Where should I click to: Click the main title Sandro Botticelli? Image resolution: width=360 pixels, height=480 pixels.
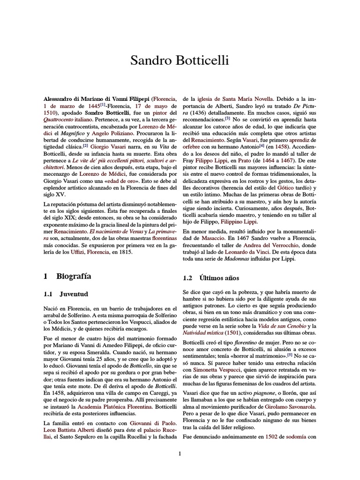point(180,61)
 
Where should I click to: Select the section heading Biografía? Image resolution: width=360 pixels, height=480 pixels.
point(74,277)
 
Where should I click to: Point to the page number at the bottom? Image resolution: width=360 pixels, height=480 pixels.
point(180,453)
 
